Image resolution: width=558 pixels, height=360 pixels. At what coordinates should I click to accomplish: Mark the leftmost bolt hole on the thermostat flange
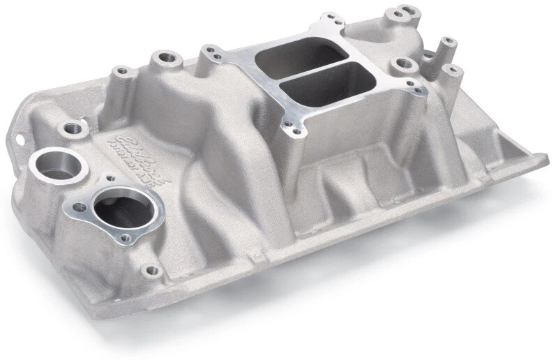tap(80, 207)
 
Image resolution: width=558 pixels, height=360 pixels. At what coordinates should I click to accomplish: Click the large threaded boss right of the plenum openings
tap(402, 65)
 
